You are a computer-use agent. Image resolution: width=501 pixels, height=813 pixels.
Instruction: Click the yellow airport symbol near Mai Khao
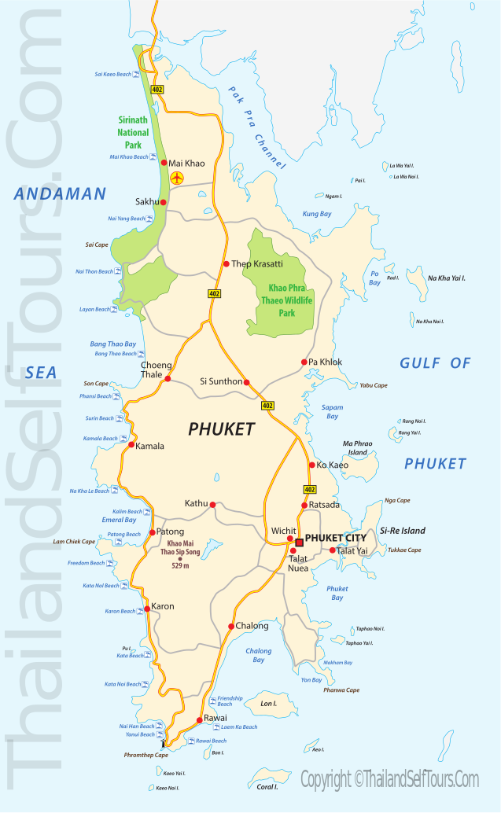coord(176,178)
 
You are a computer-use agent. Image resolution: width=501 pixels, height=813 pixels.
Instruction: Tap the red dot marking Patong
coord(153,532)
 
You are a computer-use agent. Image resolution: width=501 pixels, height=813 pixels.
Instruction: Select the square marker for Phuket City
coord(299,543)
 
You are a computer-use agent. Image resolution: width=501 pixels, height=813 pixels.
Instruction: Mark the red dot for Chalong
coord(230,627)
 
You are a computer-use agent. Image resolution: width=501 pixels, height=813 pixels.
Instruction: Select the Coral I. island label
coord(268,786)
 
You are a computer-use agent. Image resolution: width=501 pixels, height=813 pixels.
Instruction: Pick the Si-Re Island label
coord(402,531)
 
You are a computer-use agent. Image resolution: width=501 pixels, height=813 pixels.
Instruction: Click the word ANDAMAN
coord(59,193)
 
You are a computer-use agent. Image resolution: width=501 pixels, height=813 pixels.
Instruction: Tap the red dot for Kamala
coord(131,445)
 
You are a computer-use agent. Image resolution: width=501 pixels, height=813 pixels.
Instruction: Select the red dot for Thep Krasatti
coord(226,264)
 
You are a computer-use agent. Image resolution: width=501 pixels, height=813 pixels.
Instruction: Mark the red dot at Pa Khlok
coord(304,362)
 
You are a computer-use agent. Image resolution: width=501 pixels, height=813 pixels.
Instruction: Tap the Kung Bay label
coord(317,214)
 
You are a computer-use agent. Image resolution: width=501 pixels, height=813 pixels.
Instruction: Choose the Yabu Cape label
coord(374,385)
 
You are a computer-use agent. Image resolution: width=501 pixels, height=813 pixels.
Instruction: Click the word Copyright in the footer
coord(326,779)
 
